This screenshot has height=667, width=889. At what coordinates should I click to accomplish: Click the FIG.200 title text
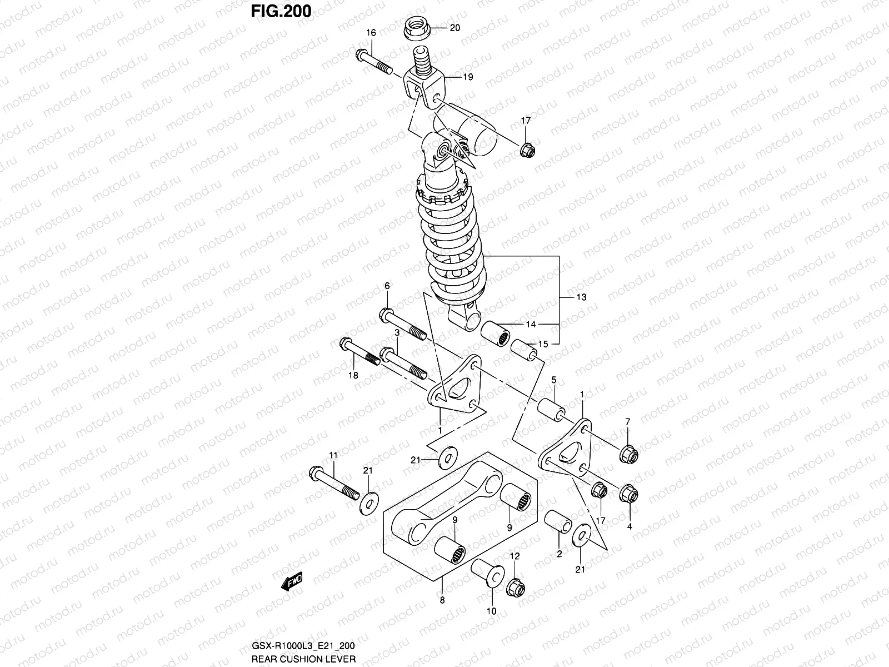(281, 11)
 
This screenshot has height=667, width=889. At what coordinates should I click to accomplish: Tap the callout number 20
(455, 28)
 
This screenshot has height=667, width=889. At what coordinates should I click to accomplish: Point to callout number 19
(468, 77)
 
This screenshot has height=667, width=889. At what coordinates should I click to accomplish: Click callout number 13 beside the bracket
(581, 297)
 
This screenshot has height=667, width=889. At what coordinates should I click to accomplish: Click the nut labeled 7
(628, 454)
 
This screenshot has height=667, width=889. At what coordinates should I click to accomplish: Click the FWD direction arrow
(291, 582)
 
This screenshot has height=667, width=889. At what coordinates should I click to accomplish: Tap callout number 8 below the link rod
(442, 600)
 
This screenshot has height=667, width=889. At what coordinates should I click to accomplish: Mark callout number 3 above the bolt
(398, 332)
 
